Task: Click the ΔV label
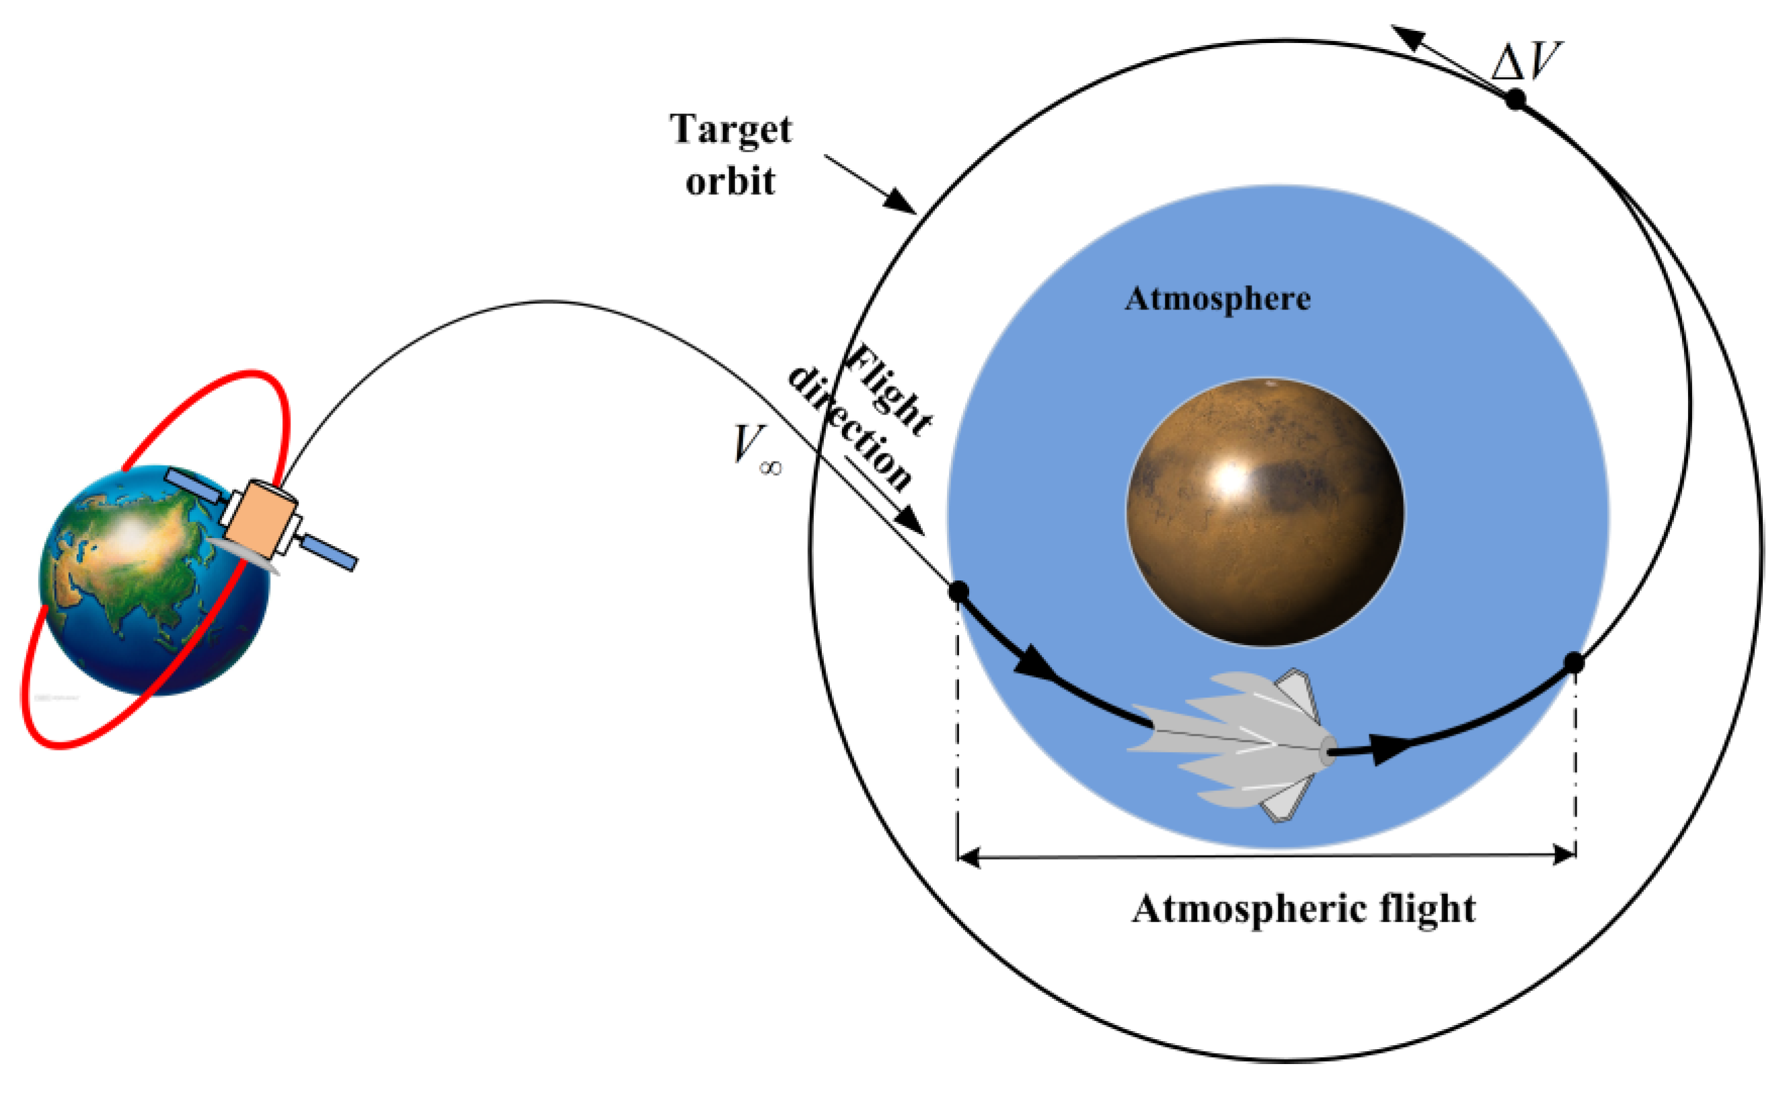pyautogui.click(x=1525, y=61)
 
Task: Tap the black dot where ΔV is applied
pyautogui.click(x=1515, y=99)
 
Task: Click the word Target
pyautogui.click(x=730, y=130)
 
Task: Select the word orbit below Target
pyautogui.click(x=730, y=182)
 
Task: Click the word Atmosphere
pyautogui.click(x=1217, y=299)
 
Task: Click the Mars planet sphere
pyautogui.click(x=1265, y=512)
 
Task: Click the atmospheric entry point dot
pyautogui.click(x=958, y=592)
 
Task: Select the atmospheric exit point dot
pyautogui.click(x=1573, y=663)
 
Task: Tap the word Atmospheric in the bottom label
pyautogui.click(x=1249, y=909)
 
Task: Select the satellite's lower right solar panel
pyautogui.click(x=329, y=553)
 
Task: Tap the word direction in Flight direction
pyautogui.click(x=849, y=428)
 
